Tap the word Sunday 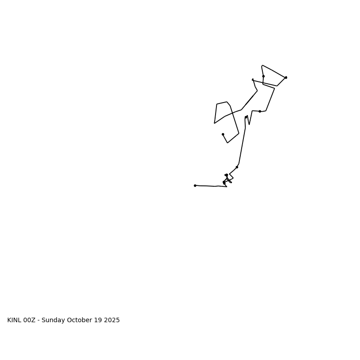[54, 320]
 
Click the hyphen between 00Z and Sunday [39, 320]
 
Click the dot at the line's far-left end [195, 185]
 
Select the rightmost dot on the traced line [286, 77]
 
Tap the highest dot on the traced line [263, 76]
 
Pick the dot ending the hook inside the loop [223, 134]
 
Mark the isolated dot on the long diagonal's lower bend [237, 167]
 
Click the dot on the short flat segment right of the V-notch [260, 111]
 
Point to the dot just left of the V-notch [246, 117]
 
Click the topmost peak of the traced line [262, 65]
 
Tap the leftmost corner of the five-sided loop [215, 123]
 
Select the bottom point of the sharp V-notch [249, 124]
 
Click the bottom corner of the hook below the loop [228, 143]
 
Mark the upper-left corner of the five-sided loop [217, 104]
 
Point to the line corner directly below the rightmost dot [277, 86]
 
